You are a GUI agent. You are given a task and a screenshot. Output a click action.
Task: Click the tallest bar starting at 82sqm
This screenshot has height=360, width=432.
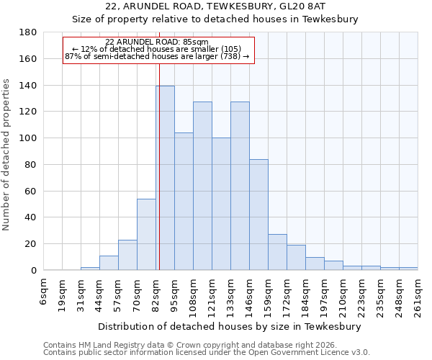pos(165,178)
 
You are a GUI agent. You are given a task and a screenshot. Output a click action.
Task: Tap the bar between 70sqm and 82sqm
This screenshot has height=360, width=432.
pos(146,234)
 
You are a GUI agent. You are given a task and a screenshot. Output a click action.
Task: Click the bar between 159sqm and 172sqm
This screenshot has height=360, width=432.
pos(277,252)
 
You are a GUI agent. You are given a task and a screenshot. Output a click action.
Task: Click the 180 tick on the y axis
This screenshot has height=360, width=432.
pos(27,32)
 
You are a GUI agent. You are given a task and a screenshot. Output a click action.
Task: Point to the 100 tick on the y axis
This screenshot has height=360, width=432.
pos(27,138)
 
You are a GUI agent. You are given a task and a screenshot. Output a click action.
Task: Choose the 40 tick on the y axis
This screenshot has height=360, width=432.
pos(30,217)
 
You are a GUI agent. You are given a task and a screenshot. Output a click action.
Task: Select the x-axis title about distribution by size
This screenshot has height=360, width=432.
pos(230,326)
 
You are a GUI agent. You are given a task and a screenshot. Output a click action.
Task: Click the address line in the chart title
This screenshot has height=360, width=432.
pos(231,6)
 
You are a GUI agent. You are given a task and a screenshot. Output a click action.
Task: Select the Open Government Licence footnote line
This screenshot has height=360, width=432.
pos(206,353)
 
